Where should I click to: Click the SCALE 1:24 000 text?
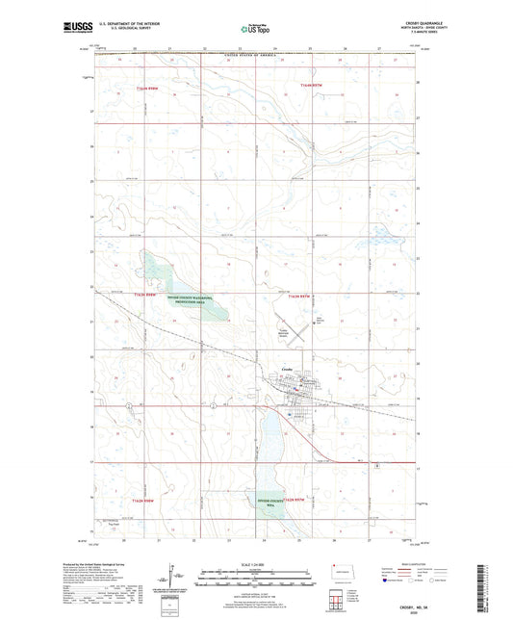click(255, 564)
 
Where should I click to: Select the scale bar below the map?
click(255, 576)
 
